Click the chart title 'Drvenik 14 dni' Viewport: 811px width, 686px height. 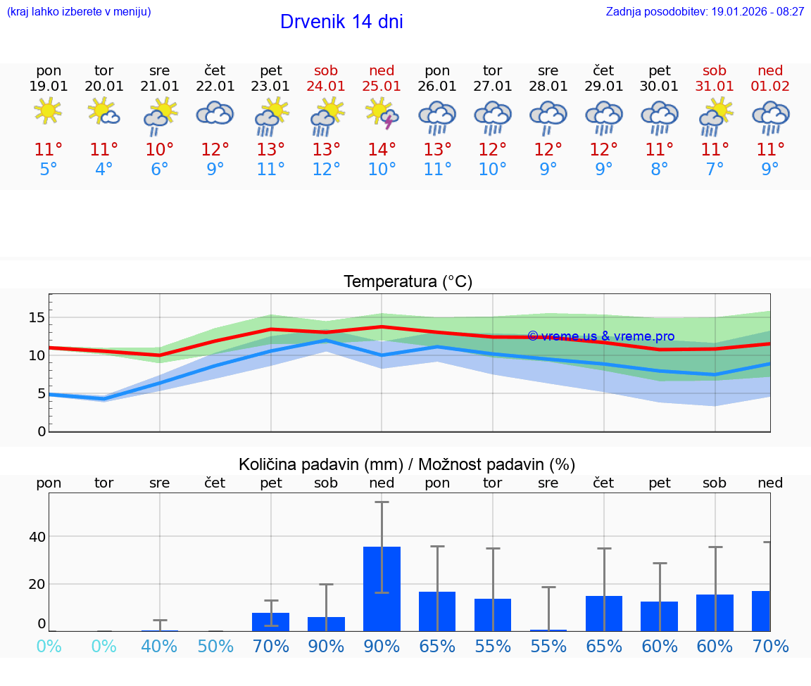(341, 22)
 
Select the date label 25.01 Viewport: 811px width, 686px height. (382, 87)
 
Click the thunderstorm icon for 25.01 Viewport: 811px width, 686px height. (382, 113)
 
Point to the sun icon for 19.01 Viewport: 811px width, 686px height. (48, 110)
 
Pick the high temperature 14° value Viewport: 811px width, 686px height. (382, 149)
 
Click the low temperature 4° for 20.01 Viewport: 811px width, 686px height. (103, 170)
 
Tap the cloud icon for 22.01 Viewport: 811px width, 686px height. (215, 113)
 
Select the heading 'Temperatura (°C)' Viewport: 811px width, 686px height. (408, 282)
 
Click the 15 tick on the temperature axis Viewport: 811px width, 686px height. (37, 317)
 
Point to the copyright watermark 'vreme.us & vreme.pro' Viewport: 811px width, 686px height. (601, 336)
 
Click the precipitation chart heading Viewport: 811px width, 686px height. (407, 464)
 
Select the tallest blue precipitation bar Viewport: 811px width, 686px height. (382, 588)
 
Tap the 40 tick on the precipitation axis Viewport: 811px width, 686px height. (37, 537)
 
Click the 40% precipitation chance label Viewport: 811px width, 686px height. (159, 646)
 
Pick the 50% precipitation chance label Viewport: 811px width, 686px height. (215, 646)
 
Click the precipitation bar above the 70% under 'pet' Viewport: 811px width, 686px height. (271, 621)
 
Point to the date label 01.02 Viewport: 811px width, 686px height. (770, 87)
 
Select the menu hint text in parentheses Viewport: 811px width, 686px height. (79, 12)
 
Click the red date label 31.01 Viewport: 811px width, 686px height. (715, 87)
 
